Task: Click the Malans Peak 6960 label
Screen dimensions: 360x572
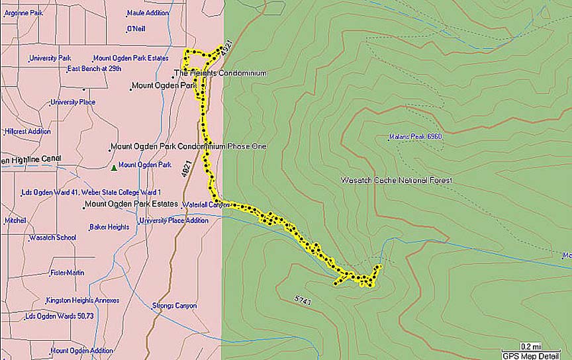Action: (416, 137)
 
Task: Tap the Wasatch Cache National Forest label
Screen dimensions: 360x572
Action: (396, 180)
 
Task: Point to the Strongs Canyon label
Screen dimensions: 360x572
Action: (174, 306)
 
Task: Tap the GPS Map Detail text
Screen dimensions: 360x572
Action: (530, 355)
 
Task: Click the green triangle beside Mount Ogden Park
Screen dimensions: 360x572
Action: (114, 168)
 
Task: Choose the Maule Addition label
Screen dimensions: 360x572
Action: (148, 13)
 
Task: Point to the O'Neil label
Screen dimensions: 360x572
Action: (136, 29)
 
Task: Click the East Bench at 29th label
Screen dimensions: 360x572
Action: (94, 68)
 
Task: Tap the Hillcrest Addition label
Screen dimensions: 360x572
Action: (28, 131)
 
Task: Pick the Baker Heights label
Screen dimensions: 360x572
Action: (109, 227)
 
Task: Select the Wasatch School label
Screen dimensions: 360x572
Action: (52, 238)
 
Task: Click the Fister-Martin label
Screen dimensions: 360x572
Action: (67, 273)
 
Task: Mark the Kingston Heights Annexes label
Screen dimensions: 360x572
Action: (83, 300)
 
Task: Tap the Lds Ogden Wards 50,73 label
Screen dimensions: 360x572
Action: (60, 316)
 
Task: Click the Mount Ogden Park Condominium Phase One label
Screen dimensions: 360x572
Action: (188, 146)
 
